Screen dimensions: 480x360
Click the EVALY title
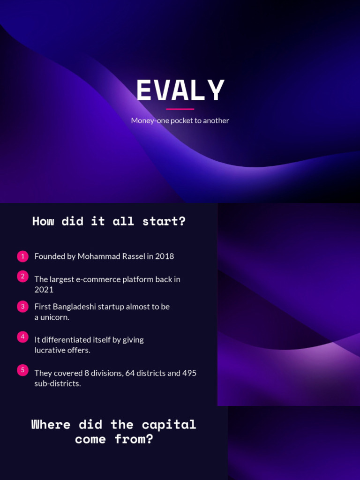click(x=180, y=90)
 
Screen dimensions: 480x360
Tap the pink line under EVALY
click(x=180, y=109)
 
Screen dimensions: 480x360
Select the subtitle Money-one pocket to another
click(x=180, y=120)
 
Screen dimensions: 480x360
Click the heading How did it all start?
click(x=109, y=221)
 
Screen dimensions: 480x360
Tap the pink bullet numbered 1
click(x=22, y=256)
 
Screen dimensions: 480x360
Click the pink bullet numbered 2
click(x=22, y=277)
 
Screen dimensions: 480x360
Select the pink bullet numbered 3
click(x=22, y=307)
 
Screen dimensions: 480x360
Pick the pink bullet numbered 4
click(x=22, y=337)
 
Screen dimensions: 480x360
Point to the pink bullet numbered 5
click(x=22, y=370)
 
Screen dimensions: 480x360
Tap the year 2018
click(x=165, y=256)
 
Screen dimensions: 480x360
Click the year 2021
click(x=44, y=290)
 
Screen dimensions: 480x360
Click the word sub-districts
click(x=57, y=383)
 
